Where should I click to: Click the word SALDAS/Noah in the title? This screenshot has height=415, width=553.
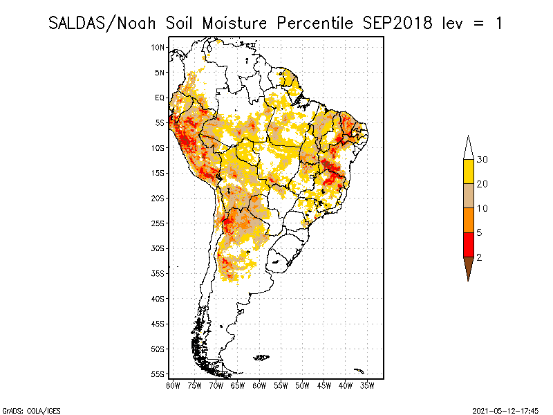coord(104,23)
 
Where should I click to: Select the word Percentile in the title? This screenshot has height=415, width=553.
coord(316,23)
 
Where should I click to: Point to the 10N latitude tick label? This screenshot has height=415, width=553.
coord(158,47)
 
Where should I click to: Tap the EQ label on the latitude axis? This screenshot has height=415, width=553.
coord(160,98)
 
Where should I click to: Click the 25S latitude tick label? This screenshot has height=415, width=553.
coord(158,223)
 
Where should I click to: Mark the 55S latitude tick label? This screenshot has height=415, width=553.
coord(158,373)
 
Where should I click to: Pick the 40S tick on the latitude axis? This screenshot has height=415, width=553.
coord(158,298)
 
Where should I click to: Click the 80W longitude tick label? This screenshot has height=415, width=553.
coord(173,385)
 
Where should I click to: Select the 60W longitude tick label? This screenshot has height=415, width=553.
coord(260,385)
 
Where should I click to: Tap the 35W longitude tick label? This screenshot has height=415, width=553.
coord(367,385)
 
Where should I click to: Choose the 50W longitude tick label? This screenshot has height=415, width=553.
coord(303,385)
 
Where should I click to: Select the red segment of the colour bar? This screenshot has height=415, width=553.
coord(468,244)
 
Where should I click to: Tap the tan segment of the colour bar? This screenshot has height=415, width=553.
coord(468,196)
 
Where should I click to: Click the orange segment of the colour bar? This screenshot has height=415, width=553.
coord(468,220)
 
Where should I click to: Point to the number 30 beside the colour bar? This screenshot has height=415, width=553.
coord(482,160)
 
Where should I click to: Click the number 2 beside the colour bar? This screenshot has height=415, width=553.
coord(479,257)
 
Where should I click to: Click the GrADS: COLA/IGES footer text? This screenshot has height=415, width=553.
coord(25,409)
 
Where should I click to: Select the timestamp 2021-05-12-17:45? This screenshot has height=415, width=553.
coord(505,409)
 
